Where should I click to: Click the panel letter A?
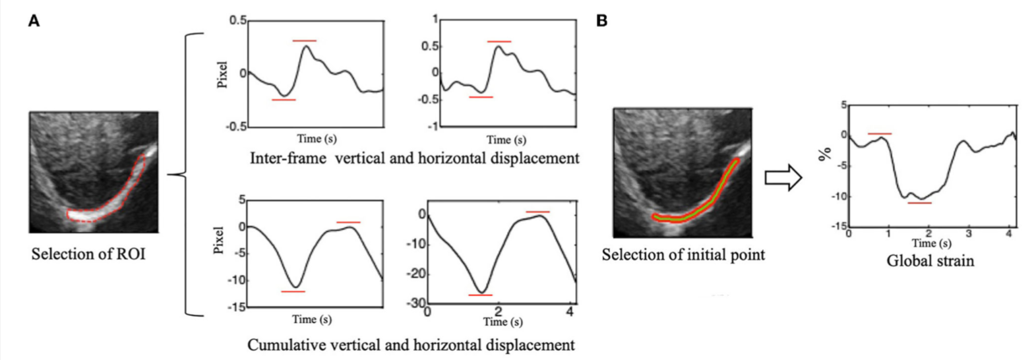pyautogui.click(x=33, y=21)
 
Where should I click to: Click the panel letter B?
pyautogui.click(x=601, y=21)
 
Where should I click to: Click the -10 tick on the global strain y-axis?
pyautogui.click(x=835, y=197)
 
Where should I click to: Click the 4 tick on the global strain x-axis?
pyautogui.click(x=1008, y=235)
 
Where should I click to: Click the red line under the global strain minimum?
pyautogui.click(x=919, y=203)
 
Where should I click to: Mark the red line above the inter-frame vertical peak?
pyautogui.click(x=305, y=41)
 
